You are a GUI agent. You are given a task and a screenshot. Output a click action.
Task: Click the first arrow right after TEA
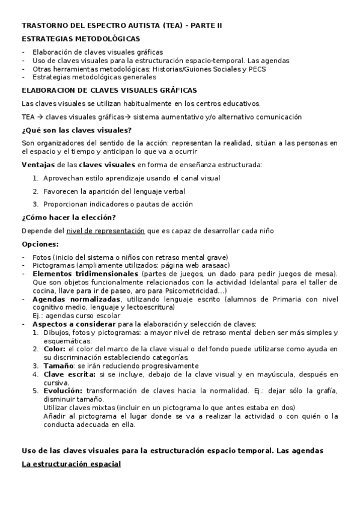click(x=40, y=117)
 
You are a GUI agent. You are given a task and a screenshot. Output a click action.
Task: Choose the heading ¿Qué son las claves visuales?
click(x=76, y=131)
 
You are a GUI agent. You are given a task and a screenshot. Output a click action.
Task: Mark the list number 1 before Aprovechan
click(x=35, y=178)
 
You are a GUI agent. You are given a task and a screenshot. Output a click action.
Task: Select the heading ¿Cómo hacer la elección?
click(x=69, y=217)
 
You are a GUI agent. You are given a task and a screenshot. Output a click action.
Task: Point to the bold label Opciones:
click(x=40, y=244)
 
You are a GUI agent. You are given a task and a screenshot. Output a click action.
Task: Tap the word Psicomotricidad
click(x=194, y=290)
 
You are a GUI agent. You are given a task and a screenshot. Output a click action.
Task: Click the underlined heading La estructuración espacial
click(x=71, y=464)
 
